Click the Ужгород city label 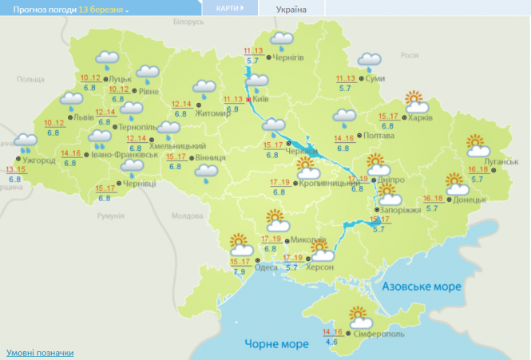click(x=39, y=160)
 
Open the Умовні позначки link click(x=40, y=352)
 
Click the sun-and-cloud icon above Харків click(x=416, y=101)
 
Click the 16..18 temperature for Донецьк click(x=433, y=199)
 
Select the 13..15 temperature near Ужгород click(x=15, y=170)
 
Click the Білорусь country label click(x=184, y=22)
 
